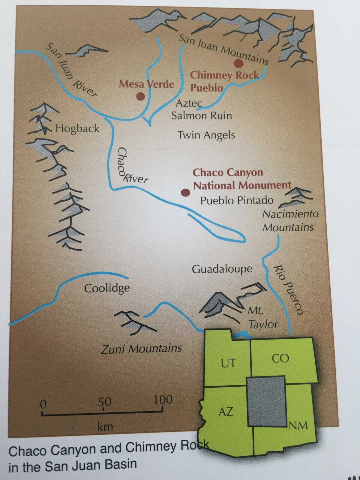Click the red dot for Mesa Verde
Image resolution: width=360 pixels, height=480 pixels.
(140, 96)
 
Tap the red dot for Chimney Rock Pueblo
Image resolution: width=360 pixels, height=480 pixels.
(238, 63)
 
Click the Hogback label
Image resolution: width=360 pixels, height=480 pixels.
(77, 129)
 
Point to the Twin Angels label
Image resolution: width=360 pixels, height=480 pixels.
(206, 135)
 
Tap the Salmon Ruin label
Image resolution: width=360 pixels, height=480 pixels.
(202, 116)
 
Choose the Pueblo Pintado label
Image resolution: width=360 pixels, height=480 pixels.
(237, 200)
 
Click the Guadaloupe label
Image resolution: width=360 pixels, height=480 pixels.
(222, 269)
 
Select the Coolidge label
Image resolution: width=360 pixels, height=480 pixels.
(107, 288)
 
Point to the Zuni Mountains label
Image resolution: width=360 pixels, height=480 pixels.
(141, 349)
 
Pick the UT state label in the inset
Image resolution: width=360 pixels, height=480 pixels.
(228, 363)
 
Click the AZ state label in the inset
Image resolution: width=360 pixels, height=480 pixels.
(226, 412)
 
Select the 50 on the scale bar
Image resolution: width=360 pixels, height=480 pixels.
(105, 402)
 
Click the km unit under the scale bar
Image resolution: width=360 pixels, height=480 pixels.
(105, 426)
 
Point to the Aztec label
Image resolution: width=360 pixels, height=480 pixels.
(189, 103)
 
